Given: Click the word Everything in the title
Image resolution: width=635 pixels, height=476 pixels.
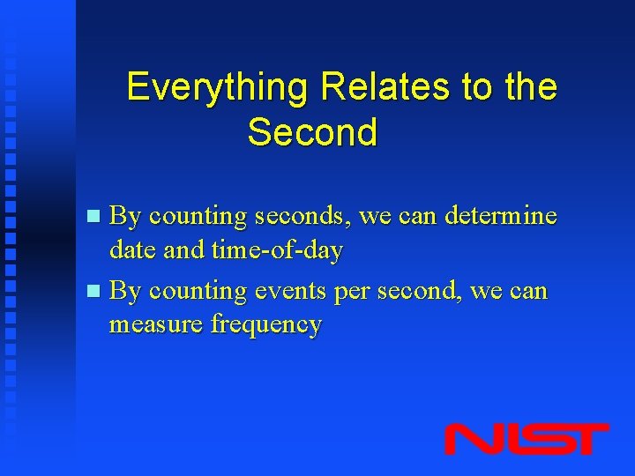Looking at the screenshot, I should click(220, 88).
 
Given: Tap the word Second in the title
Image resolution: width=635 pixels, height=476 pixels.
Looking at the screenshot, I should click(312, 133).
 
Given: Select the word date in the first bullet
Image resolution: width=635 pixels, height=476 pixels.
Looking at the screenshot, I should click(133, 250).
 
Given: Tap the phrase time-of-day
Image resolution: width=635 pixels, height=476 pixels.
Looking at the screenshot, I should click(277, 250).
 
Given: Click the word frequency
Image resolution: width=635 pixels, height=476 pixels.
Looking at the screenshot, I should click(266, 324).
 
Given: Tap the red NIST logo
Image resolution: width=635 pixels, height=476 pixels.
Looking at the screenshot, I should click(527, 439).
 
